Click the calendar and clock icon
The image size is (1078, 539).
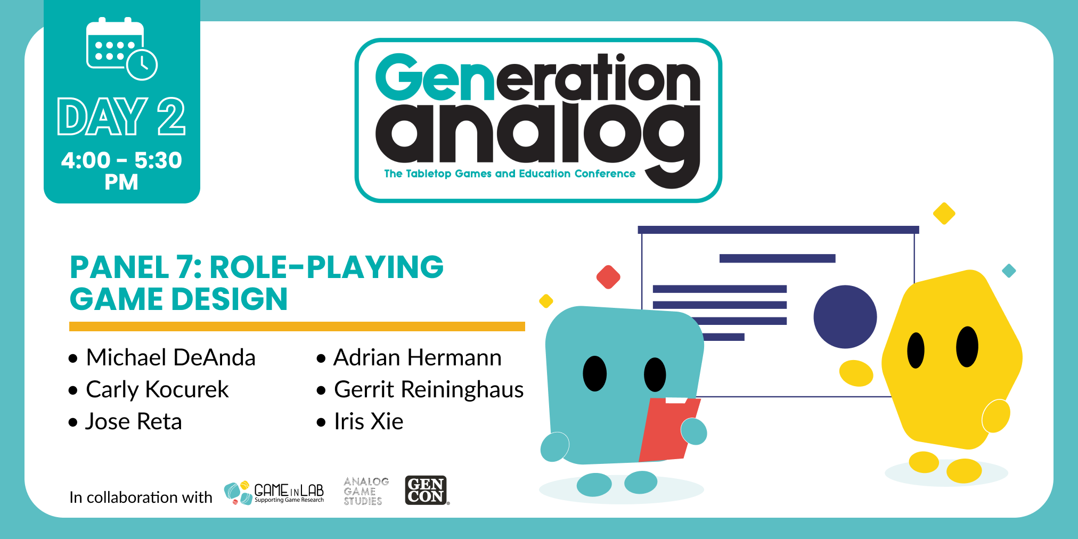point(121,49)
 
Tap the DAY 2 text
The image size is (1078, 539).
point(121,117)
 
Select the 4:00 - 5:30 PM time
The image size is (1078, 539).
point(121,171)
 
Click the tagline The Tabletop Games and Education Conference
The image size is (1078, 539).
point(510,174)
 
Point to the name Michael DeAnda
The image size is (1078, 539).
point(170,357)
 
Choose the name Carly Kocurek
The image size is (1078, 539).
point(157,390)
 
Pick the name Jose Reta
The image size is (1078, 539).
point(134,421)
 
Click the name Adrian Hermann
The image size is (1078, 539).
point(418,357)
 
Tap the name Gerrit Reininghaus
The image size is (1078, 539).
point(429,390)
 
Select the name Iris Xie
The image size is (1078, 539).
point(369,421)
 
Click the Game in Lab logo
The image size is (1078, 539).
point(274,492)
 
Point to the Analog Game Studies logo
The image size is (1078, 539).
point(366,491)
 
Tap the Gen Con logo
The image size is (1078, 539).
point(427,490)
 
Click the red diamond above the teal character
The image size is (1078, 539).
point(608,277)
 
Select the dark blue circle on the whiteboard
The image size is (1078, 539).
point(845,317)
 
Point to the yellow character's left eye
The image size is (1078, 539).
point(916,350)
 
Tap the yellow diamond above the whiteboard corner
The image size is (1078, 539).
point(944,214)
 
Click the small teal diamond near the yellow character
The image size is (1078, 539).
point(1009,271)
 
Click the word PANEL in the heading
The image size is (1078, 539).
point(120,267)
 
